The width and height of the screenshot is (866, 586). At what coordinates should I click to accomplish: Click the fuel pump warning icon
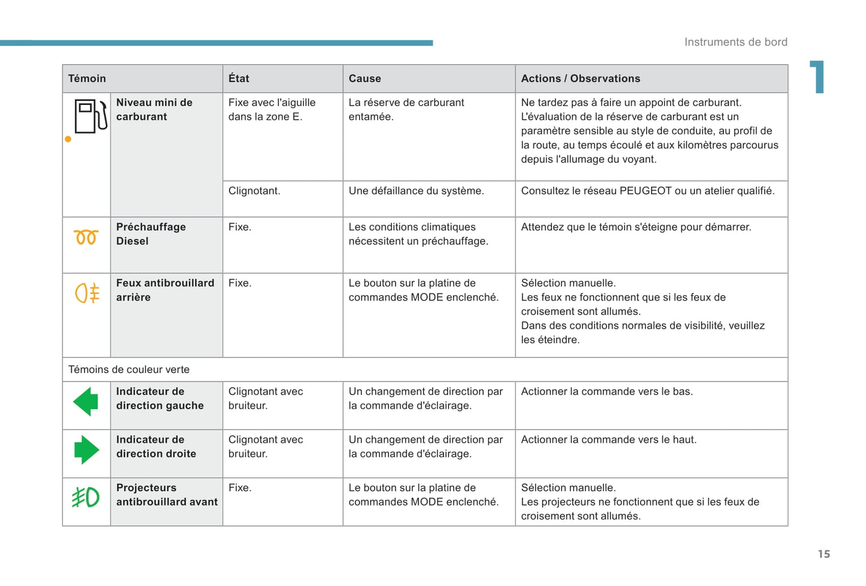[90, 116]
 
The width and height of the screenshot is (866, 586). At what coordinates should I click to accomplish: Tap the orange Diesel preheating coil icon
[86, 238]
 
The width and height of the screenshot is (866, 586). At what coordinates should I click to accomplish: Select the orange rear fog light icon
[87, 293]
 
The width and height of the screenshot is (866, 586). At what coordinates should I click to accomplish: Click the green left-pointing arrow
[86, 401]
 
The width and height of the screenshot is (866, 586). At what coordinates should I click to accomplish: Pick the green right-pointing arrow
[86, 450]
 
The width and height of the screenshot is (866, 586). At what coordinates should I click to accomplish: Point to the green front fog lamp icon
[86, 497]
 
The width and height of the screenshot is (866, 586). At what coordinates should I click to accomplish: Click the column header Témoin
[87, 79]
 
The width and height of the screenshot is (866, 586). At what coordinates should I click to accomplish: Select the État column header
[239, 79]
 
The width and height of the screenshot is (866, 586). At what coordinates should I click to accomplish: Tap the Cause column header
[364, 79]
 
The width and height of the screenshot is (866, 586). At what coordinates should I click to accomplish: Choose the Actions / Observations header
[580, 79]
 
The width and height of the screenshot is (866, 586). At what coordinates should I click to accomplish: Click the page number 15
[824, 554]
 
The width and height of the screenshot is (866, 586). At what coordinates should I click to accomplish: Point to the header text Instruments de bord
[735, 42]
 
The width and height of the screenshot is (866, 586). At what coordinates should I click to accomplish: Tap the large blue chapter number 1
[818, 77]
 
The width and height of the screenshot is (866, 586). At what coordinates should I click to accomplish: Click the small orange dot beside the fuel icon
[68, 139]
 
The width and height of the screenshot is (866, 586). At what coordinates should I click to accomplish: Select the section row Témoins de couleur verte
[129, 369]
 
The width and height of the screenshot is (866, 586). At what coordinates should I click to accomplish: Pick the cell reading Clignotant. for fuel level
[254, 191]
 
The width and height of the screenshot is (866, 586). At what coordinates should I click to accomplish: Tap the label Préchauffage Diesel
[150, 234]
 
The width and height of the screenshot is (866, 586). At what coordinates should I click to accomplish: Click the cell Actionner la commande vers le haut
[608, 440]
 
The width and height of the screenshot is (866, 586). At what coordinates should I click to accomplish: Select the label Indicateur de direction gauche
[159, 398]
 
